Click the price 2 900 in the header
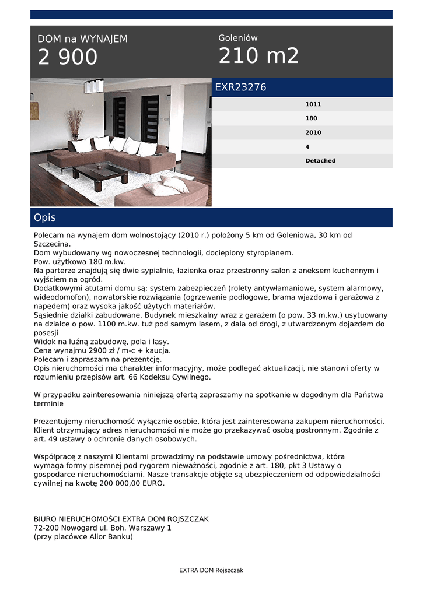(68, 58)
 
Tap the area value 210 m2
(258, 56)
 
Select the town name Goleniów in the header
(238, 38)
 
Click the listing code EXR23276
(240, 87)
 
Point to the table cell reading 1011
(313, 104)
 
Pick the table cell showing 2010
(313, 132)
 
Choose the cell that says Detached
(320, 161)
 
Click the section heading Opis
(45, 217)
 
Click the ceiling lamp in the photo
(93, 86)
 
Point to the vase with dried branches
(74, 124)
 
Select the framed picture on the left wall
(34, 111)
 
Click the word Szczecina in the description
(51, 244)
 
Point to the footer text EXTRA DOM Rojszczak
(211, 570)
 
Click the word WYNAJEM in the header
(103, 39)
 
